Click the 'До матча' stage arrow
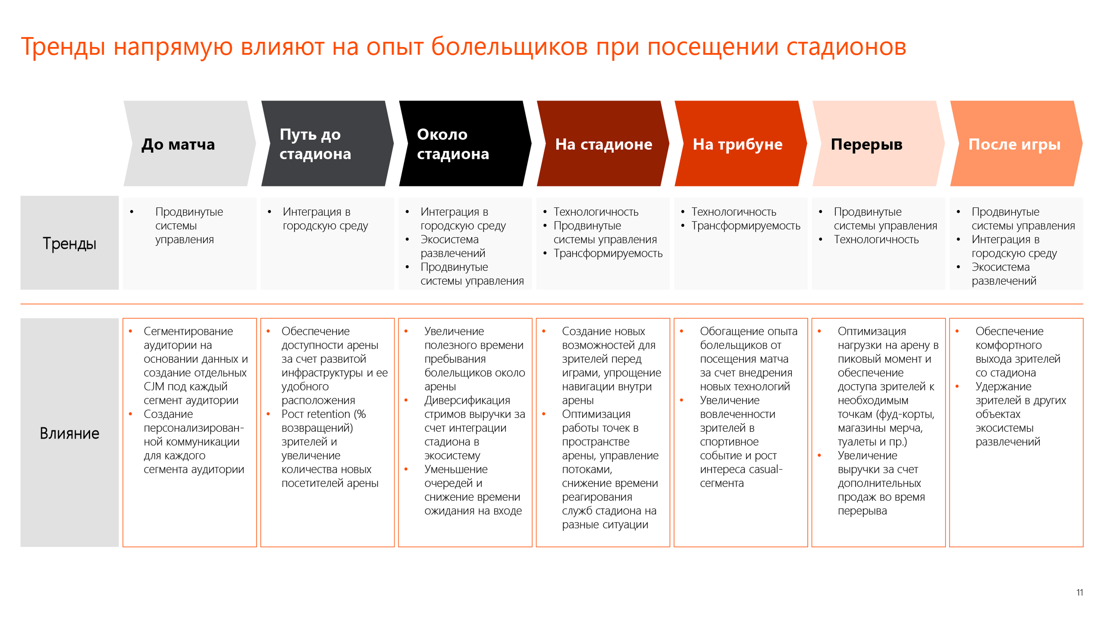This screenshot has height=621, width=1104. point(190,144)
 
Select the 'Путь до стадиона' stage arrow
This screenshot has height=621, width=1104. point(327,144)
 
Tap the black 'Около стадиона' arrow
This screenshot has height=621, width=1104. point(465,144)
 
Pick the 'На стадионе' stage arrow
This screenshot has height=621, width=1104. point(603,144)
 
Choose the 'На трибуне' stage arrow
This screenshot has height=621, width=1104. point(740,144)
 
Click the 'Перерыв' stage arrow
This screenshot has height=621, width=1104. point(878,144)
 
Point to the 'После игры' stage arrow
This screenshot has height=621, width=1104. point(1016,144)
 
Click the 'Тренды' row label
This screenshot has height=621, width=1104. point(69,243)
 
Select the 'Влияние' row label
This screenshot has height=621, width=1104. point(69,433)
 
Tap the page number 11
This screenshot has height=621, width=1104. point(1079,593)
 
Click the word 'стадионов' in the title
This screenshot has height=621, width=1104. point(846,47)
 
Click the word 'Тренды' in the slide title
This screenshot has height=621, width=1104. point(63,47)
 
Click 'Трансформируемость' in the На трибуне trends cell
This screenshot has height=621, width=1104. point(746,226)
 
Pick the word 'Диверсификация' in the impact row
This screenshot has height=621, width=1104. point(467,401)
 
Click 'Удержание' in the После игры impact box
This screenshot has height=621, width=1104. point(1004,387)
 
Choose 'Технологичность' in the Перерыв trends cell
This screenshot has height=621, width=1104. point(876,239)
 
